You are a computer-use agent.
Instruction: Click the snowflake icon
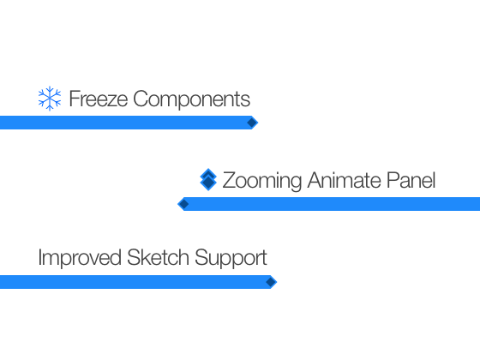point(50,99)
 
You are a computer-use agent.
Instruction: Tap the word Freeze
point(99,99)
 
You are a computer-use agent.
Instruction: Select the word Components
point(192,99)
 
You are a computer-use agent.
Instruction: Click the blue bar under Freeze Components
point(129,123)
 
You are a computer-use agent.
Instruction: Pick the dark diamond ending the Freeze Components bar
point(252,123)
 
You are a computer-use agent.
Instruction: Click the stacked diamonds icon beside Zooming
point(208,180)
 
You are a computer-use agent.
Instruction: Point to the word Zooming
point(262,181)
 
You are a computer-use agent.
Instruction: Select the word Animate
point(344,180)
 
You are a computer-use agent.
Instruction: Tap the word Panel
point(411,180)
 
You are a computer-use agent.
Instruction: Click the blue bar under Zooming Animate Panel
point(329,204)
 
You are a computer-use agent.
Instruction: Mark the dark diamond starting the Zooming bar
point(183,204)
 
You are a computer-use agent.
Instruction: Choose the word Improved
point(80,258)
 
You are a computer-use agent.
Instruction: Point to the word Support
point(231,258)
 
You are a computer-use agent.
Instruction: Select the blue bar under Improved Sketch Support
point(138,282)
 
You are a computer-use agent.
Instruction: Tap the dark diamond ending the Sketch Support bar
point(271,282)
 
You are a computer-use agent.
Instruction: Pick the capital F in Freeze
point(75,99)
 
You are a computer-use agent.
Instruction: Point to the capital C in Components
point(141,99)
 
